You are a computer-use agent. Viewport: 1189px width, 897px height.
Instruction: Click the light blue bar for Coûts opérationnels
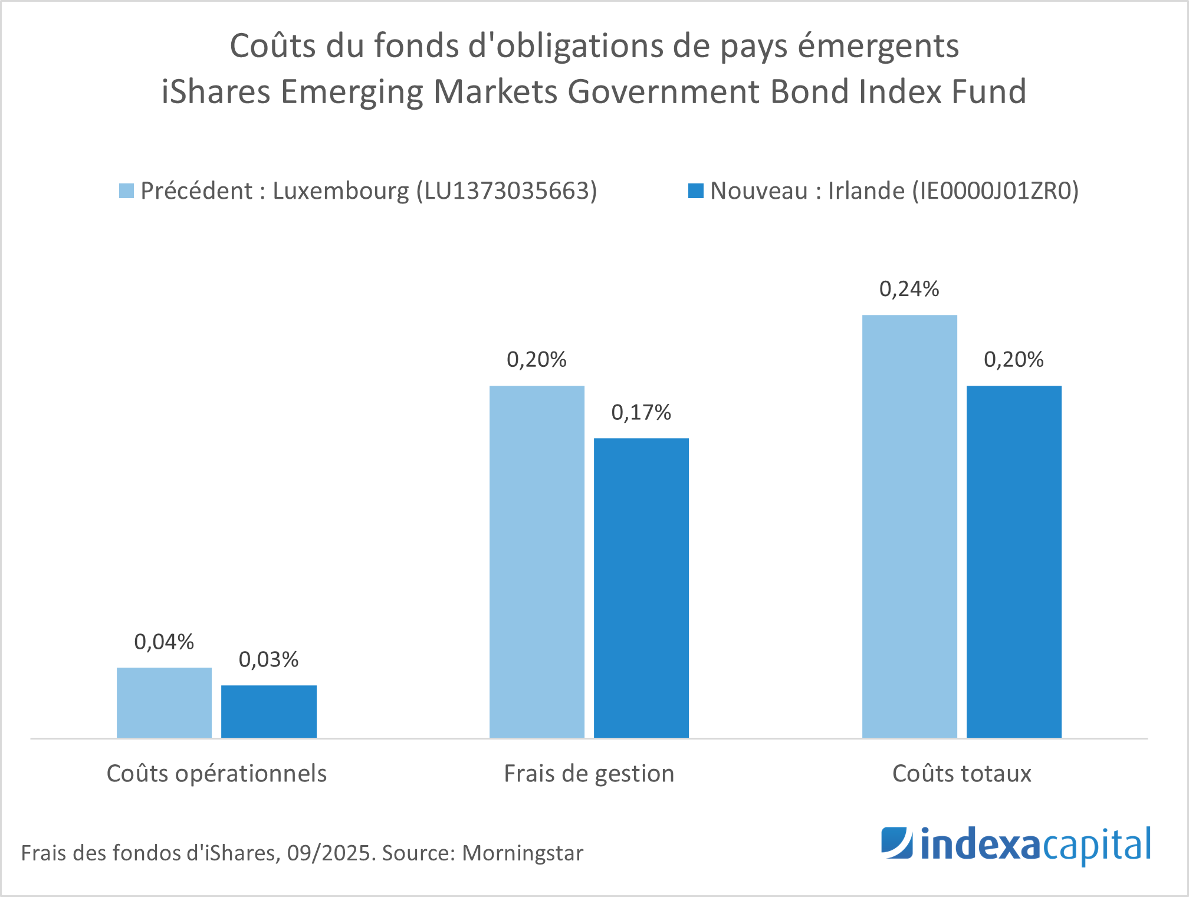(164, 702)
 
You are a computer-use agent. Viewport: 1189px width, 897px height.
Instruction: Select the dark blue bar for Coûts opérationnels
(269, 711)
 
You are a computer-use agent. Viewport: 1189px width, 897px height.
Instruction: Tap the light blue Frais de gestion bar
(537, 561)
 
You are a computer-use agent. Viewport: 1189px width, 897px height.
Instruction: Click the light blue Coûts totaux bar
(909, 526)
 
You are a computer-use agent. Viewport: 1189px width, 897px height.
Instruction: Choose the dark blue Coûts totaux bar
(1014, 561)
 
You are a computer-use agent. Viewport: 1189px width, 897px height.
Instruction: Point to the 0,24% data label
(909, 289)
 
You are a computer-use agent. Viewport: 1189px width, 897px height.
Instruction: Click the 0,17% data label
(641, 413)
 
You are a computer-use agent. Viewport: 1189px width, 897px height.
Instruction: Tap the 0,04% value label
(164, 642)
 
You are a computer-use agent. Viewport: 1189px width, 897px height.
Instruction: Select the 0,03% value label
(268, 660)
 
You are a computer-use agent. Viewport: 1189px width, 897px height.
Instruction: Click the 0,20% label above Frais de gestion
(536, 360)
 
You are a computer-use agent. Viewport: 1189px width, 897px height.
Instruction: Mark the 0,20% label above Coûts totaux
(1013, 360)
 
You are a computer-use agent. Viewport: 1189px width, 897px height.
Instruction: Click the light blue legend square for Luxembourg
(126, 191)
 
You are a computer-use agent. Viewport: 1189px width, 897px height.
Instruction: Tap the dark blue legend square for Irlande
(696, 191)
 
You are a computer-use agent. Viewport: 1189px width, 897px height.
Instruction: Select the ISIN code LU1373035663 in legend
(507, 191)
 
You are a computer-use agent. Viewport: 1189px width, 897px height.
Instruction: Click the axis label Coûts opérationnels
(216, 774)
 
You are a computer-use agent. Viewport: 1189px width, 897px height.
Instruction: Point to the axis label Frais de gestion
(589, 774)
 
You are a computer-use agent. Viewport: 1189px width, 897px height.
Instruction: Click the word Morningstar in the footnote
(523, 853)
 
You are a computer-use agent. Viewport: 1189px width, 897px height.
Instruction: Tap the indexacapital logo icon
(896, 843)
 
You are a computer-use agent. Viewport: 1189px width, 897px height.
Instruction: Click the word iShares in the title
(215, 92)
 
